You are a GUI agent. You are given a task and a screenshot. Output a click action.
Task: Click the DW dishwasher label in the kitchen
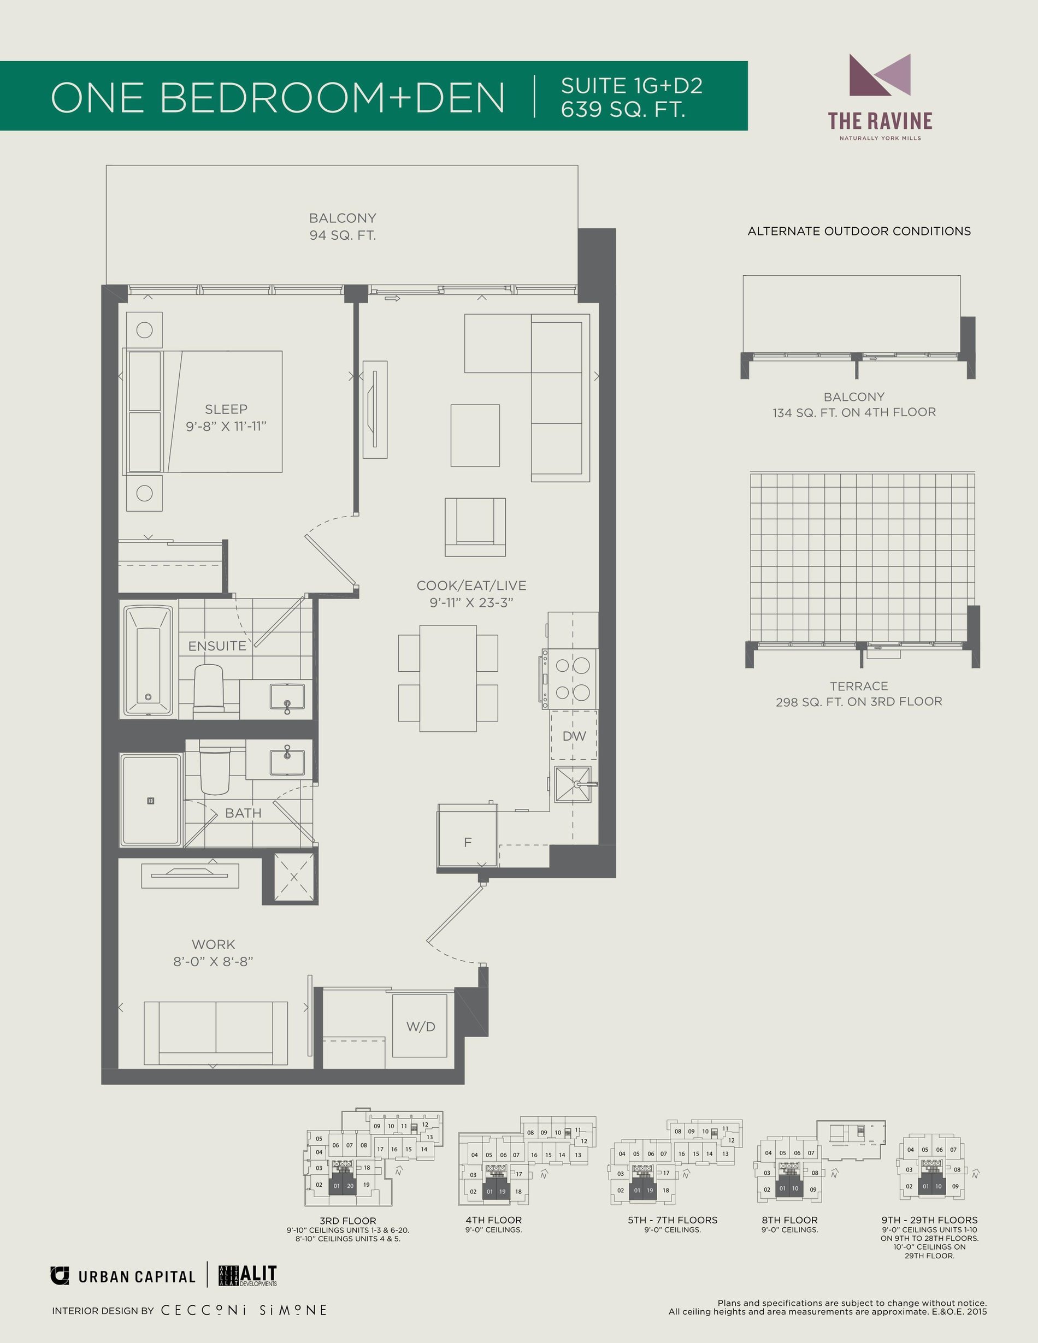[574, 736]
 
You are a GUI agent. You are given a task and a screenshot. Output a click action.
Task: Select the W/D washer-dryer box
[421, 1026]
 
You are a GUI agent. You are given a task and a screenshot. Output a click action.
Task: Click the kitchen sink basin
[573, 785]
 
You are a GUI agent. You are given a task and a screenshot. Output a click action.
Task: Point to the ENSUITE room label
[217, 646]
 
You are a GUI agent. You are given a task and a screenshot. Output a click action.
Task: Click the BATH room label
[244, 813]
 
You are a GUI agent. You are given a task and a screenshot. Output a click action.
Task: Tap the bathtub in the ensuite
[148, 661]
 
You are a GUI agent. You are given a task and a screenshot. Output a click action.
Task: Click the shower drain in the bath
[151, 801]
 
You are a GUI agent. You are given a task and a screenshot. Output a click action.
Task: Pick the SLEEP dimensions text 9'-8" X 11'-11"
[226, 426]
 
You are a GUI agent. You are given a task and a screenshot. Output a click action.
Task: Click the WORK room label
[214, 944]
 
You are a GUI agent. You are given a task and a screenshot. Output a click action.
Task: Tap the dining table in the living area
[449, 678]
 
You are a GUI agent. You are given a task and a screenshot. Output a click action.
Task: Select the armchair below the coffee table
[475, 527]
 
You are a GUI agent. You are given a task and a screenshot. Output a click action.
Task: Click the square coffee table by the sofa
[475, 435]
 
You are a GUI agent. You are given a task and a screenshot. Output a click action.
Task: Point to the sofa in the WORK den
[216, 1033]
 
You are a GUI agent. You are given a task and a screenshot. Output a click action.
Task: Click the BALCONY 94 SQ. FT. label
[343, 226]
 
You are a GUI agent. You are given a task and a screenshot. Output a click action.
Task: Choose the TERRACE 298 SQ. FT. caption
[859, 694]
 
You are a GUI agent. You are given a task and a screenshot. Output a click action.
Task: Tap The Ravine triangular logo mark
[880, 74]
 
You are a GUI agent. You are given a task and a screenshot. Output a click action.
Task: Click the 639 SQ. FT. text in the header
[623, 108]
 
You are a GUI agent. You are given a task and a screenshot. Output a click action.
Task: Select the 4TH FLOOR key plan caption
[494, 1220]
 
